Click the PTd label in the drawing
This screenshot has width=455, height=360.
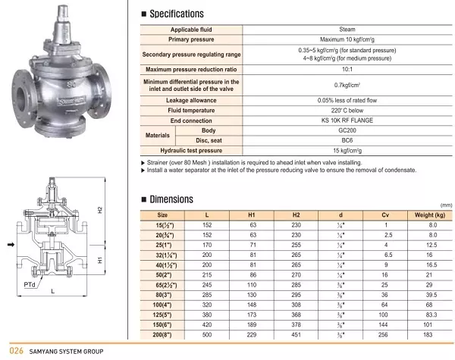click(29, 283)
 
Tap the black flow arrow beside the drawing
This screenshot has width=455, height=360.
click(10, 245)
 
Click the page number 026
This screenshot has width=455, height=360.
click(14, 351)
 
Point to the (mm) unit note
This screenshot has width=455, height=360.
click(446, 205)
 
